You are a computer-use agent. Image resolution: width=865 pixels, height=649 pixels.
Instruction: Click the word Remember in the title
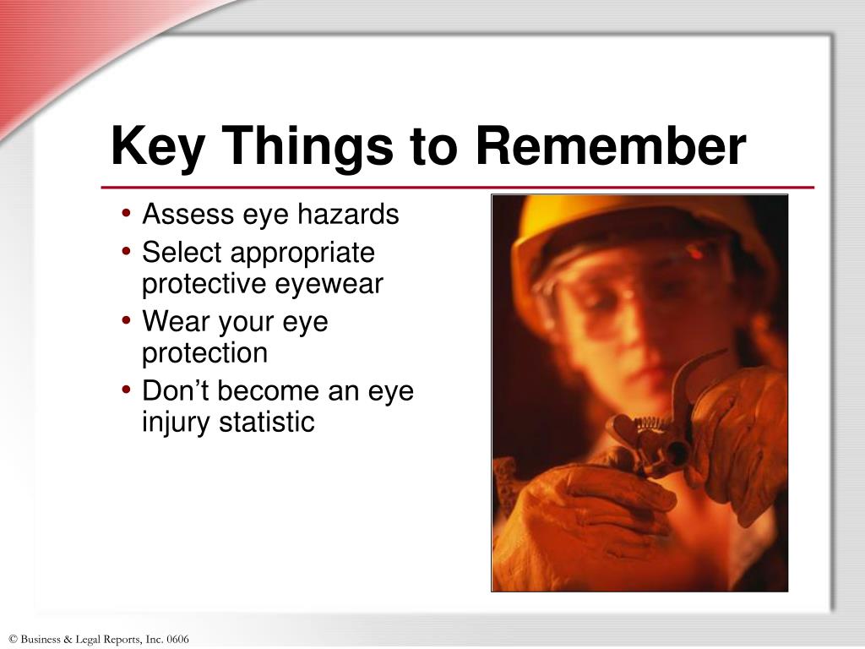click(610, 146)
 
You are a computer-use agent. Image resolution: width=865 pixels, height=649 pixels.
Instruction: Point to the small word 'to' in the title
click(432, 148)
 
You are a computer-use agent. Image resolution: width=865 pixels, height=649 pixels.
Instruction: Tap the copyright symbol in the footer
click(12, 640)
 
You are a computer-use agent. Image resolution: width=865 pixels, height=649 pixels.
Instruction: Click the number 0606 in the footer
click(177, 640)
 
